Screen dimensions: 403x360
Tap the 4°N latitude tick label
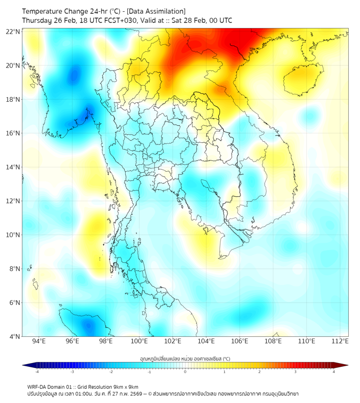click(15, 336)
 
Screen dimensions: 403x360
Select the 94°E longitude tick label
click(39, 341)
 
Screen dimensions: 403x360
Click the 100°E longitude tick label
click(140, 341)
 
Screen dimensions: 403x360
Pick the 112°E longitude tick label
click(340, 341)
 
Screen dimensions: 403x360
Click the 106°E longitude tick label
click(240, 341)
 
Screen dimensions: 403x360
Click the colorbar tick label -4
click(36, 372)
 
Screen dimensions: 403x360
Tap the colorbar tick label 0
click(185, 372)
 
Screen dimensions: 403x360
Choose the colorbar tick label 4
click(334, 372)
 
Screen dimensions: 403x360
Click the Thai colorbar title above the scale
click(185, 359)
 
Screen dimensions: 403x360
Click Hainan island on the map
click(301, 79)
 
